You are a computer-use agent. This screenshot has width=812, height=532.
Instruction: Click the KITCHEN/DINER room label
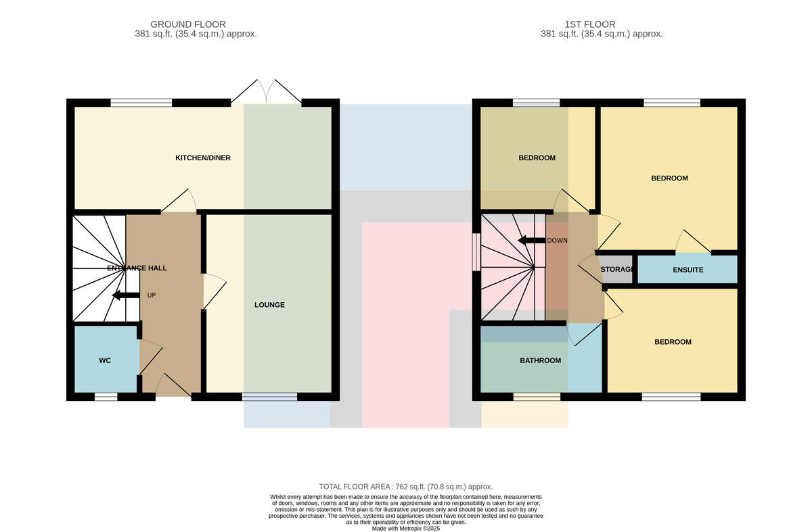point(202,158)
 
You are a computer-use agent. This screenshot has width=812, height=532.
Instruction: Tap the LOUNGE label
point(269,305)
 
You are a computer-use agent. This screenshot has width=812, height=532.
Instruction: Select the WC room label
point(105,361)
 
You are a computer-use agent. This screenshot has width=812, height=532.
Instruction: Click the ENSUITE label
point(687,270)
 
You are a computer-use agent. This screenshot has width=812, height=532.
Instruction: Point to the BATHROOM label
point(540,361)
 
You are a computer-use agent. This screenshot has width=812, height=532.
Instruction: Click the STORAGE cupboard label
point(616,270)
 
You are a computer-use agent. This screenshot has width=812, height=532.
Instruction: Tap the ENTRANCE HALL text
point(137,268)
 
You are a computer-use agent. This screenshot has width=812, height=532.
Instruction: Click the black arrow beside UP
point(126,295)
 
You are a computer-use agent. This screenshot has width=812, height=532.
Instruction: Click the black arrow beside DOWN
point(531,240)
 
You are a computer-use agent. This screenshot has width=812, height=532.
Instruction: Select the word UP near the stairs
point(152,295)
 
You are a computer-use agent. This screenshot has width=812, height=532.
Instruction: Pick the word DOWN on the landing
point(557,241)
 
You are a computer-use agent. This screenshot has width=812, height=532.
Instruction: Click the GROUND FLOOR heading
point(188,24)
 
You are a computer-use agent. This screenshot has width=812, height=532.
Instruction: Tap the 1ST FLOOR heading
point(590,24)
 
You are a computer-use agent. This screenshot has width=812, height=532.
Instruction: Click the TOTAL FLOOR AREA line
point(405,487)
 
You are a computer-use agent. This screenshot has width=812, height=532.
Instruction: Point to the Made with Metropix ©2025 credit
point(405,529)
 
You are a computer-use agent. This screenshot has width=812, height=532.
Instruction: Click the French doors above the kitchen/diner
point(266,91)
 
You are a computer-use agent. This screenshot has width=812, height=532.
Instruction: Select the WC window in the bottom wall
point(106,397)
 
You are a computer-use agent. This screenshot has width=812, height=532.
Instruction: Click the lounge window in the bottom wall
point(270,397)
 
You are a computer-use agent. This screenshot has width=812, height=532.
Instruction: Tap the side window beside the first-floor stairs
point(476,252)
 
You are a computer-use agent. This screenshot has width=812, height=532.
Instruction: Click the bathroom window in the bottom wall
point(537,397)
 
